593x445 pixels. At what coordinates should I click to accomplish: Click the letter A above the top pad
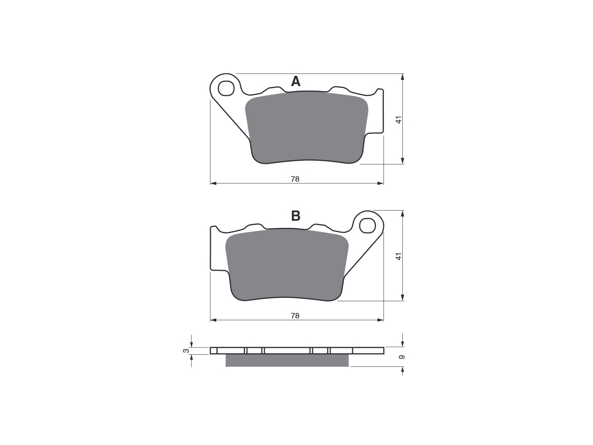click(296, 81)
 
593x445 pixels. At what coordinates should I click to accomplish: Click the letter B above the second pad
click(296, 216)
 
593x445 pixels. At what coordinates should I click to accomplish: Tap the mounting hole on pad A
click(226, 88)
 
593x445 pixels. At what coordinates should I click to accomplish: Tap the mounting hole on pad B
click(368, 225)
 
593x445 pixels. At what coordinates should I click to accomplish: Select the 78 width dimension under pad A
click(295, 179)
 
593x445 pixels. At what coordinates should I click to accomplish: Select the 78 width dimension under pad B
click(295, 316)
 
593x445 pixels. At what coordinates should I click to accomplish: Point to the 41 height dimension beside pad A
click(399, 119)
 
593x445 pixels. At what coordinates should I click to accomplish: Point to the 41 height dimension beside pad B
click(399, 256)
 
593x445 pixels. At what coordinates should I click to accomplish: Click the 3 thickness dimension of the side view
click(186, 351)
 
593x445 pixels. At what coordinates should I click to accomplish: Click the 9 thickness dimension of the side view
click(402, 357)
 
